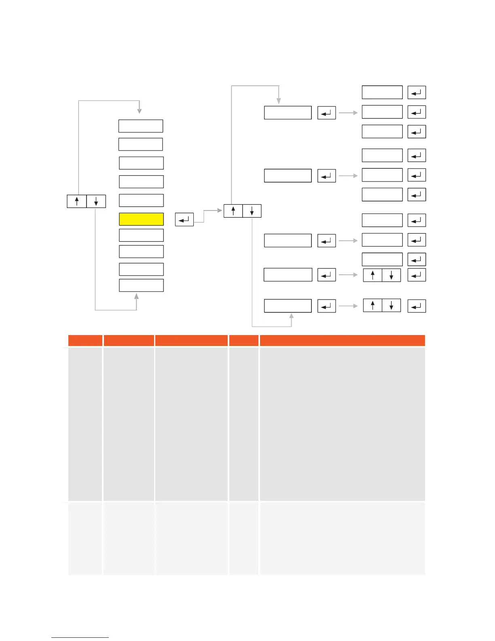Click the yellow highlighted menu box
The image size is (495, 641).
(141, 219)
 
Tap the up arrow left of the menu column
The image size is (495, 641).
(77, 201)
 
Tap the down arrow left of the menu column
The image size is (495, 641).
(96, 201)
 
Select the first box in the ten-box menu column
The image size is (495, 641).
(141, 126)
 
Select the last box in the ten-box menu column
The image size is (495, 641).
(141, 285)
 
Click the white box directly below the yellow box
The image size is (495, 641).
(141, 235)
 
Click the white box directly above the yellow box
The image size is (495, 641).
(141, 200)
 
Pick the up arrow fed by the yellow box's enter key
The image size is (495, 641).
(233, 211)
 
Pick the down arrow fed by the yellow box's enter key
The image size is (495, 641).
(252, 211)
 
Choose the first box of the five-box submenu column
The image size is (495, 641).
(288, 112)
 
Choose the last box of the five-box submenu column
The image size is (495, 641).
(288, 306)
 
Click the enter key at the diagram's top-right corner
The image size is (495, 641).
(417, 92)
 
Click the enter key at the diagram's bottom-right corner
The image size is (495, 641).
(417, 306)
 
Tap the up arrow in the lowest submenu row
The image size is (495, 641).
(372, 306)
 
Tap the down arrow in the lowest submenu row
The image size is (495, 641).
(391, 306)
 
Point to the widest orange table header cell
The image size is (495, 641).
(342, 340)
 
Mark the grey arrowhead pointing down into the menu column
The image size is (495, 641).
(139, 110)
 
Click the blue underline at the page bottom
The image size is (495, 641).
(80, 637)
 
